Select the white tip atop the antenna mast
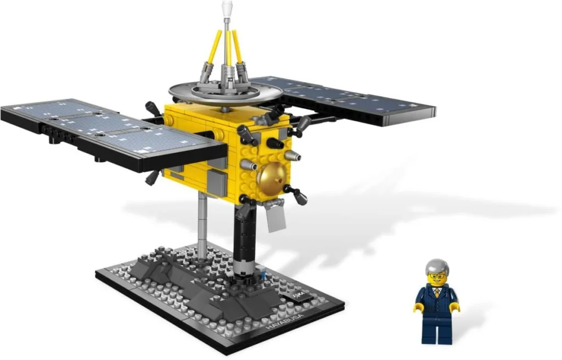point(226,8)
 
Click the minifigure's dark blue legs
point(436,329)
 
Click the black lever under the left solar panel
point(152,177)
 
